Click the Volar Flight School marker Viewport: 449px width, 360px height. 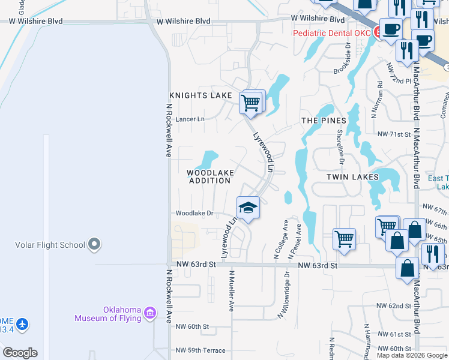94,244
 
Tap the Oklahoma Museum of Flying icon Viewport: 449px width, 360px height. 149,312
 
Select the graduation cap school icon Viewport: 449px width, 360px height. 247,208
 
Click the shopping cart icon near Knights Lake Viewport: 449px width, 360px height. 251,102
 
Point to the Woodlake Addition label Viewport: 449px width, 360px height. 209,176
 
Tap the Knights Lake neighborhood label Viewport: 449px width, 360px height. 200,95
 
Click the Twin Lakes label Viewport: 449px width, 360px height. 352,177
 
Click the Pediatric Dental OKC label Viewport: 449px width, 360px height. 332,33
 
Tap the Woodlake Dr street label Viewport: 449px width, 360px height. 194,213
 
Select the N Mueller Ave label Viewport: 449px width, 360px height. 231,290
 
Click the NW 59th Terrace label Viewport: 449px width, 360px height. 200,350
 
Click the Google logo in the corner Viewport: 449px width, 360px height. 20,353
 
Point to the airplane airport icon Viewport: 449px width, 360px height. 22,324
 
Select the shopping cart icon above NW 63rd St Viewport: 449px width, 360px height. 344,239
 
